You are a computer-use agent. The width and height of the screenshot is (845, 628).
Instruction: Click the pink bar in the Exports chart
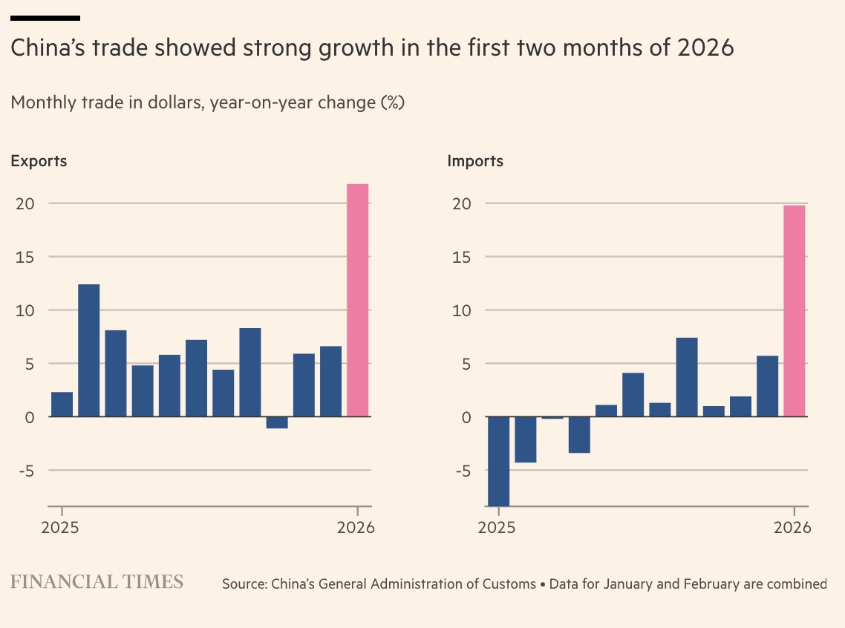tap(358, 300)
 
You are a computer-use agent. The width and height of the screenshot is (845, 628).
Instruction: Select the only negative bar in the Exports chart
tap(277, 422)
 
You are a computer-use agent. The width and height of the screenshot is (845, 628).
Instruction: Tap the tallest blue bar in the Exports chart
tap(89, 350)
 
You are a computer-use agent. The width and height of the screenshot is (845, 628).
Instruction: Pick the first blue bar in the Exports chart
tap(62, 405)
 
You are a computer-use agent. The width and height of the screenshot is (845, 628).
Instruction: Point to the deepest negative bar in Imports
tap(498, 460)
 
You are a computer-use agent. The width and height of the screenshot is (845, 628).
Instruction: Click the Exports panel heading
tap(39, 161)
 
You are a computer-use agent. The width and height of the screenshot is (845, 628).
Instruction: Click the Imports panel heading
tap(475, 161)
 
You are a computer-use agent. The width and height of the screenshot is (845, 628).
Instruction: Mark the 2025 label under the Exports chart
tap(62, 528)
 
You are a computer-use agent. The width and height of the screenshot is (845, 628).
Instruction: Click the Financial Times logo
tap(97, 581)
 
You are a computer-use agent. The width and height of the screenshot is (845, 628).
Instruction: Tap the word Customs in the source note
tap(509, 584)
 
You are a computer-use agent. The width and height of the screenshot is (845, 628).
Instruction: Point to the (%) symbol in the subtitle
tap(391, 102)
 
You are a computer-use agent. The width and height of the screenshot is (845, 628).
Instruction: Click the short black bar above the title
tap(45, 18)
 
